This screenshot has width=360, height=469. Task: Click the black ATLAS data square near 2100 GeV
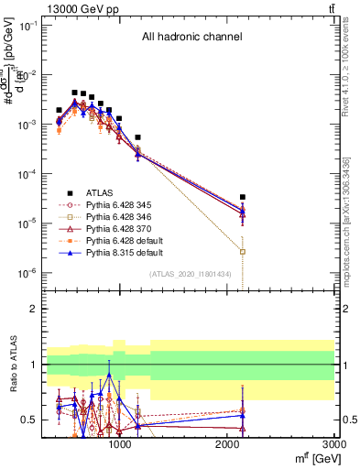pos(242,197)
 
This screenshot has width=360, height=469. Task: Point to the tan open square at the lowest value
pos(242,251)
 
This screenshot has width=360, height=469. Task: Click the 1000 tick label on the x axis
pos(119,443)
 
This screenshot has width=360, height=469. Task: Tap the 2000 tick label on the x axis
pos(227,443)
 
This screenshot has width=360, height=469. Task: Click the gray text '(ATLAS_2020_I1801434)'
pos(190,273)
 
